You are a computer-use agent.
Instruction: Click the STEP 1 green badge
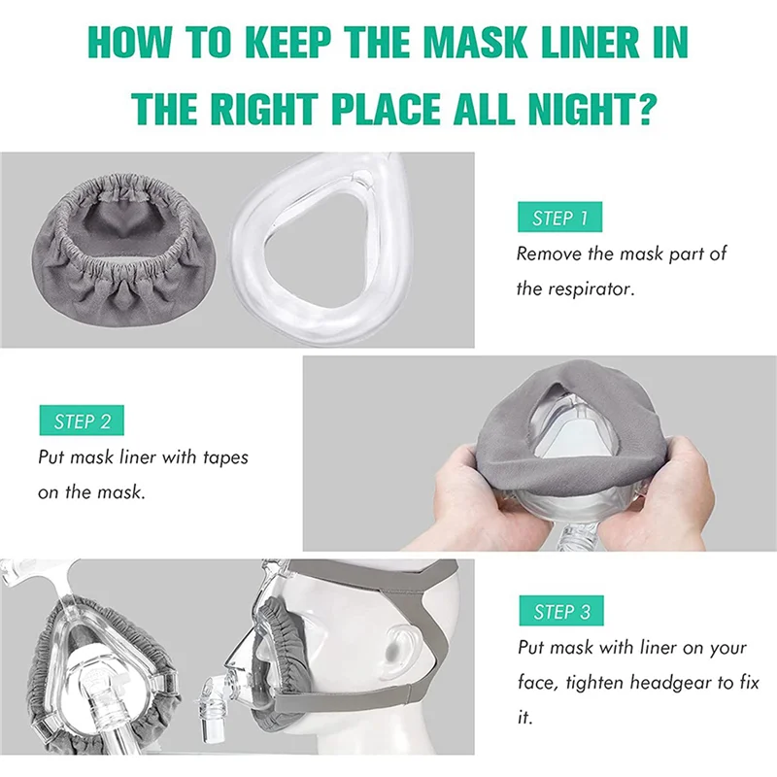pyautogui.click(x=560, y=218)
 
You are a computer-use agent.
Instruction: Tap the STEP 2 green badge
pyautogui.click(x=83, y=421)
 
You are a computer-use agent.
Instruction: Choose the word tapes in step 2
pyautogui.click(x=222, y=456)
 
